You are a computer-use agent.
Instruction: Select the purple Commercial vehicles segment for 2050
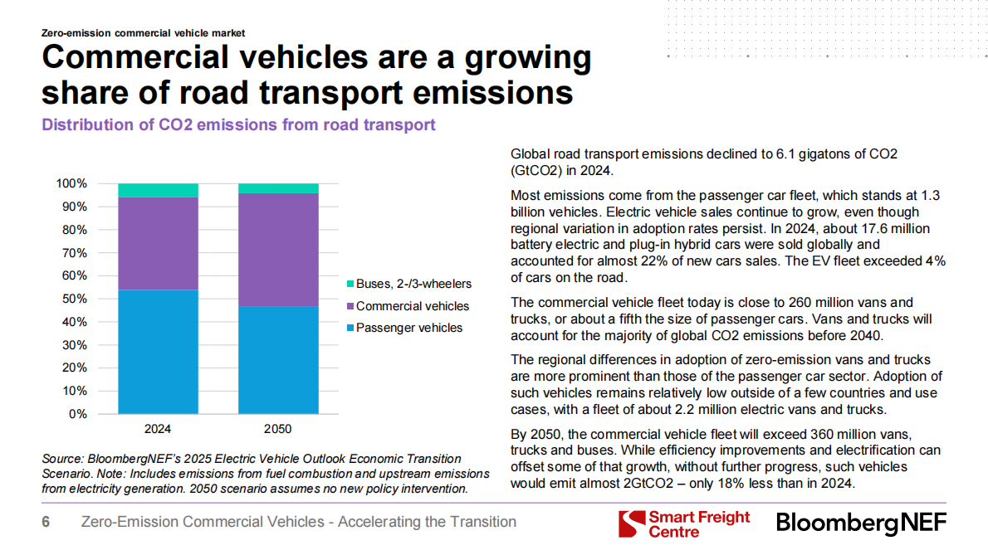278,250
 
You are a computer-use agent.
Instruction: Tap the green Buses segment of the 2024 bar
158,190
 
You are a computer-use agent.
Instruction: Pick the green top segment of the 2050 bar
278,188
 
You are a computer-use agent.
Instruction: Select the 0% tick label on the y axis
78,414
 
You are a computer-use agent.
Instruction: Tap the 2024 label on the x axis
158,430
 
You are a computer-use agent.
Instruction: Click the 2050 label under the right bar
278,430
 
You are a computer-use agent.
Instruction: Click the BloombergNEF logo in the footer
861,524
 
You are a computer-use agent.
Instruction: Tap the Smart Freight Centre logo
684,524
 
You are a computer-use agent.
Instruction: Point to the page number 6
46,522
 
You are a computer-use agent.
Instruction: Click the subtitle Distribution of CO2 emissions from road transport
238,125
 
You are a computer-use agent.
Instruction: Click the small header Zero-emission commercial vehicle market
143,33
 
